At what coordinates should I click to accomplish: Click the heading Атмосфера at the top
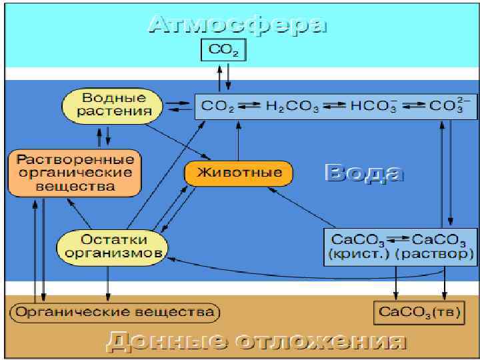(238, 25)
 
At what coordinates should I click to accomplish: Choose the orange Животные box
(239, 173)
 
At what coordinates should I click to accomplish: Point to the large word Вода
(364, 173)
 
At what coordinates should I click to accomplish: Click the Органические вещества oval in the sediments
(115, 312)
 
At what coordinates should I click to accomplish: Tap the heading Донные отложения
(256, 342)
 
